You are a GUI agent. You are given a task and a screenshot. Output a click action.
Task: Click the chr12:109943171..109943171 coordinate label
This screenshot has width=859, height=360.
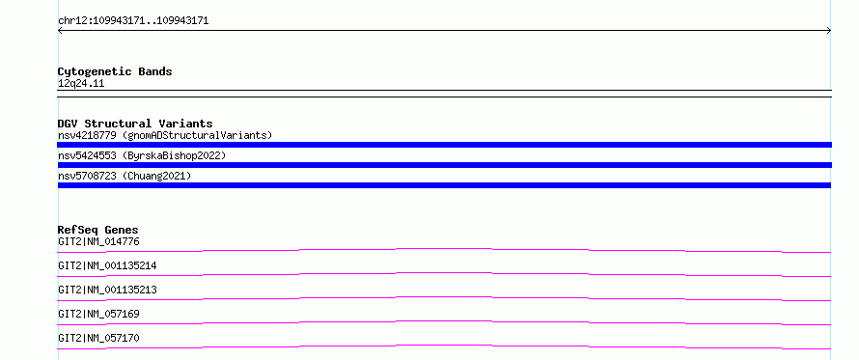point(133,21)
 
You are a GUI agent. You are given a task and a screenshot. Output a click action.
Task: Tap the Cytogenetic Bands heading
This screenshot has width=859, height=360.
point(115,71)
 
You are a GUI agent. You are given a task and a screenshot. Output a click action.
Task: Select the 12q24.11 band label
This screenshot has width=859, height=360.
point(81,84)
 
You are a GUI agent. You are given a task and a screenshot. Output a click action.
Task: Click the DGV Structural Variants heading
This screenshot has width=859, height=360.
point(135,124)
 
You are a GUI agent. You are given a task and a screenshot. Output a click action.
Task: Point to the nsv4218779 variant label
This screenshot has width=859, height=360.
point(87,135)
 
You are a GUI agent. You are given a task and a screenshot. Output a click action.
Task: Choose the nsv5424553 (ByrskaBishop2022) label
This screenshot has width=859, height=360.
point(142,155)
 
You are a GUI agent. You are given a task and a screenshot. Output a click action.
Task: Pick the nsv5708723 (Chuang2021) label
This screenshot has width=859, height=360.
point(125,176)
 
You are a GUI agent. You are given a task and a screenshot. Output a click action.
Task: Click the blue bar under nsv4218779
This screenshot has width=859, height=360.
point(444,145)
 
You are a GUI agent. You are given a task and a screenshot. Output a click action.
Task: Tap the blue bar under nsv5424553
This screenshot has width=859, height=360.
point(444,165)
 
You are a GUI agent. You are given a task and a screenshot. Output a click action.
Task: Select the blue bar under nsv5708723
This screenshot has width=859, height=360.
point(444,185)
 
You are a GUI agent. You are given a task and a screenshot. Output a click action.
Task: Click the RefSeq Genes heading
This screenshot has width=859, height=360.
point(98,230)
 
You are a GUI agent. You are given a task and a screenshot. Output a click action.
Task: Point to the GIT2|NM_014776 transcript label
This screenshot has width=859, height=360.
point(95,241)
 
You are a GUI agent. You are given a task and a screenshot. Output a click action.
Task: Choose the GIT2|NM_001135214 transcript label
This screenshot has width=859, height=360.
point(107,265)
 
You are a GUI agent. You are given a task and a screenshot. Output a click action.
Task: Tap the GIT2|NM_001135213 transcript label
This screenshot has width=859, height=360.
point(107,290)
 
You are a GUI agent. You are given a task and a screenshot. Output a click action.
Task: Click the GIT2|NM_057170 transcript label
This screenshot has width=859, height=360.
point(98,338)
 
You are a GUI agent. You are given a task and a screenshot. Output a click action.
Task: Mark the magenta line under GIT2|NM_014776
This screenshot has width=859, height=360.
point(444,249)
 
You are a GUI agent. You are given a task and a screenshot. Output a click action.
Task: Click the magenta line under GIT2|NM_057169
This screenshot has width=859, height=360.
point(444,322)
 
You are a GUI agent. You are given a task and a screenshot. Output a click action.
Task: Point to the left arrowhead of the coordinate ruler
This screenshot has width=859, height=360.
point(59,31)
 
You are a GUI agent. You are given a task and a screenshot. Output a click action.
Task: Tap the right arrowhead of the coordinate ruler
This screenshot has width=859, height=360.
point(830,31)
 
